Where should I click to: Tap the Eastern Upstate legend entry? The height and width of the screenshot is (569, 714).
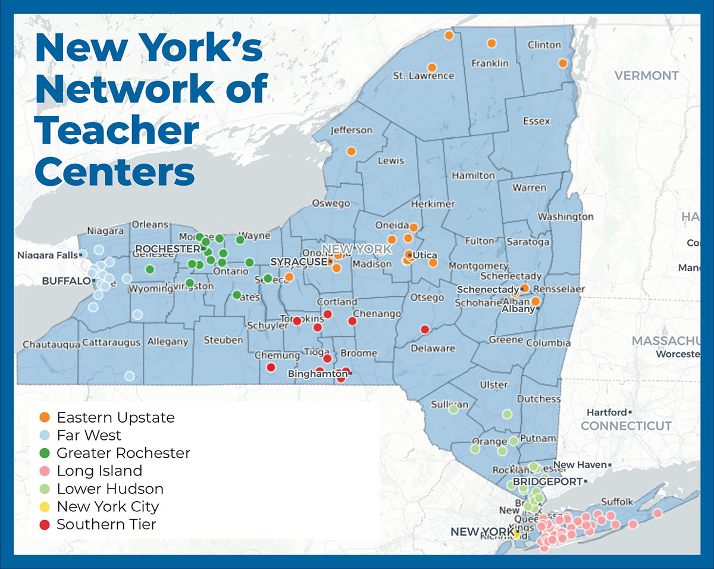115,417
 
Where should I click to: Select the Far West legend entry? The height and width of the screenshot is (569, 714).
89,435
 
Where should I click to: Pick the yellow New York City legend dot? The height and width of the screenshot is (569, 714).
45,507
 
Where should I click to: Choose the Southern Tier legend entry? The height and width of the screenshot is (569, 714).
106,524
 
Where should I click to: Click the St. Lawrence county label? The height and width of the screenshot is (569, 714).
423,76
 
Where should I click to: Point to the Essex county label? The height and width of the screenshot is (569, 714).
536,121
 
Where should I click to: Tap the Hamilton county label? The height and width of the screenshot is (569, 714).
473,176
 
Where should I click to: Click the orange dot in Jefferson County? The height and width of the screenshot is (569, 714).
351,151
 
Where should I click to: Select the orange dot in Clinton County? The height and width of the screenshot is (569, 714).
562,63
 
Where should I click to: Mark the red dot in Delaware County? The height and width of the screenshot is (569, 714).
425,329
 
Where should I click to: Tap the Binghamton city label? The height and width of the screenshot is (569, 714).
317,374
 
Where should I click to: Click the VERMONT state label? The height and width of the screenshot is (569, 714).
646,76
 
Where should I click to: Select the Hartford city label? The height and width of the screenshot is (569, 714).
606,412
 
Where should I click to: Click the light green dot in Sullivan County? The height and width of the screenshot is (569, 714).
453,409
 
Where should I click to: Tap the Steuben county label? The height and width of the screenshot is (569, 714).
223,340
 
